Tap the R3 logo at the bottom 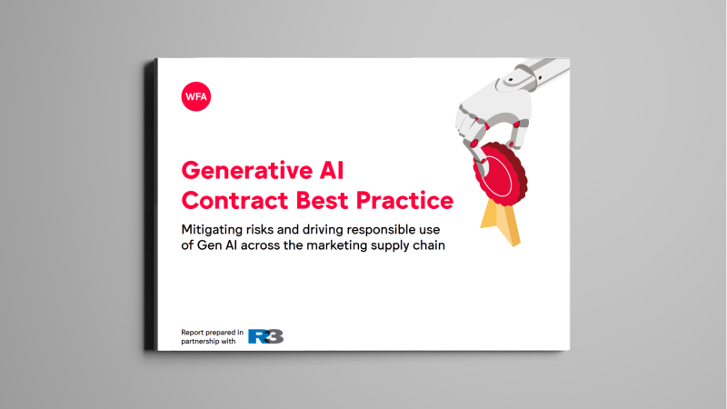[x=266, y=335]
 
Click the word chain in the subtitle [x=425, y=246]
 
